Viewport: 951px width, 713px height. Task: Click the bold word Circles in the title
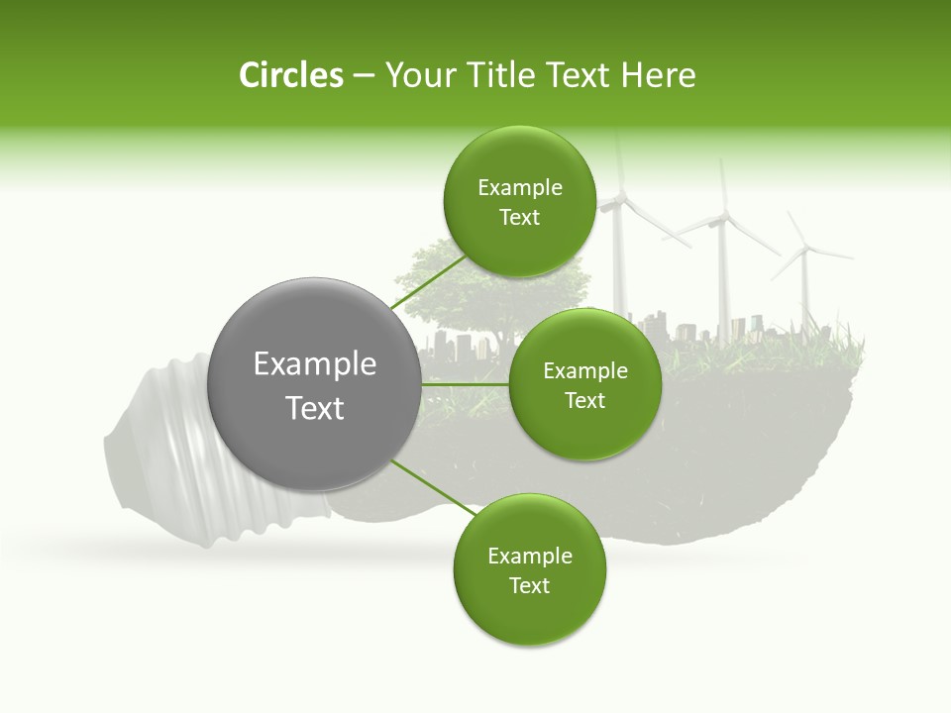[290, 75]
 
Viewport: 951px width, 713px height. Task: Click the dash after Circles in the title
[364, 76]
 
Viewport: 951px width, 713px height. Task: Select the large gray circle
[315, 384]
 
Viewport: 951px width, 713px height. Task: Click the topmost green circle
[519, 202]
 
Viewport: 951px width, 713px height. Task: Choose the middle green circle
[584, 384]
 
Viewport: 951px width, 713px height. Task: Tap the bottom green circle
[529, 570]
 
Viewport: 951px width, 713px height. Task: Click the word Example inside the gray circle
[315, 364]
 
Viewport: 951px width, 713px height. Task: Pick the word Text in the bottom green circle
[529, 586]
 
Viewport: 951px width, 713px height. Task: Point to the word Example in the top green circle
[519, 188]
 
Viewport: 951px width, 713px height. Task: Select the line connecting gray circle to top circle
[428, 283]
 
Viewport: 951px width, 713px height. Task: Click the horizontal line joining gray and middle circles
[464, 383]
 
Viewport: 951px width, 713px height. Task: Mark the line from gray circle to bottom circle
[432, 487]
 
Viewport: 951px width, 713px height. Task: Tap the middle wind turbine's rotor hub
[724, 219]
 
